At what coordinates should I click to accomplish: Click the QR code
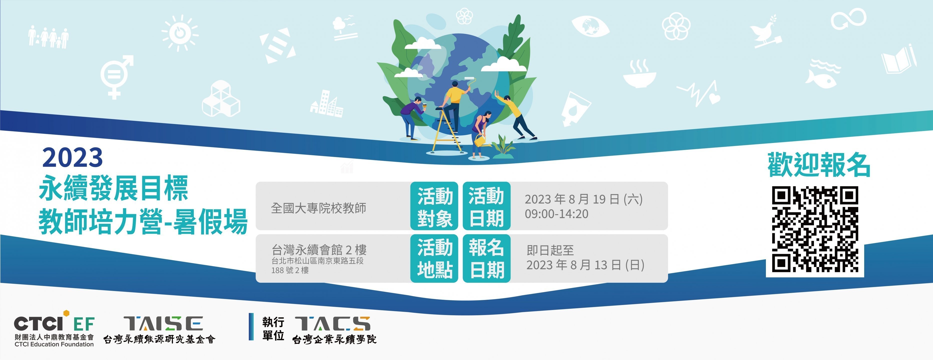[815, 229]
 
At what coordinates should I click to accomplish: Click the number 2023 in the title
[73, 157]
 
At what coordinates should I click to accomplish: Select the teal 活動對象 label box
[434, 206]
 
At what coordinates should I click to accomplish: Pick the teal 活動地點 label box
[434, 258]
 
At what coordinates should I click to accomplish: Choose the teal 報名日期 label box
[487, 258]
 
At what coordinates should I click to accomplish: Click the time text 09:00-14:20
[557, 214]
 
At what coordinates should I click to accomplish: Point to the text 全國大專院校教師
[319, 208]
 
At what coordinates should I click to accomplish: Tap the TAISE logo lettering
[163, 323]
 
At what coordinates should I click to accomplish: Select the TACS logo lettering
[332, 323]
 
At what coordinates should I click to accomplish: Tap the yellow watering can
[482, 141]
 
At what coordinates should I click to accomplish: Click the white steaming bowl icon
[640, 74]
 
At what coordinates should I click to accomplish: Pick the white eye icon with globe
[590, 26]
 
